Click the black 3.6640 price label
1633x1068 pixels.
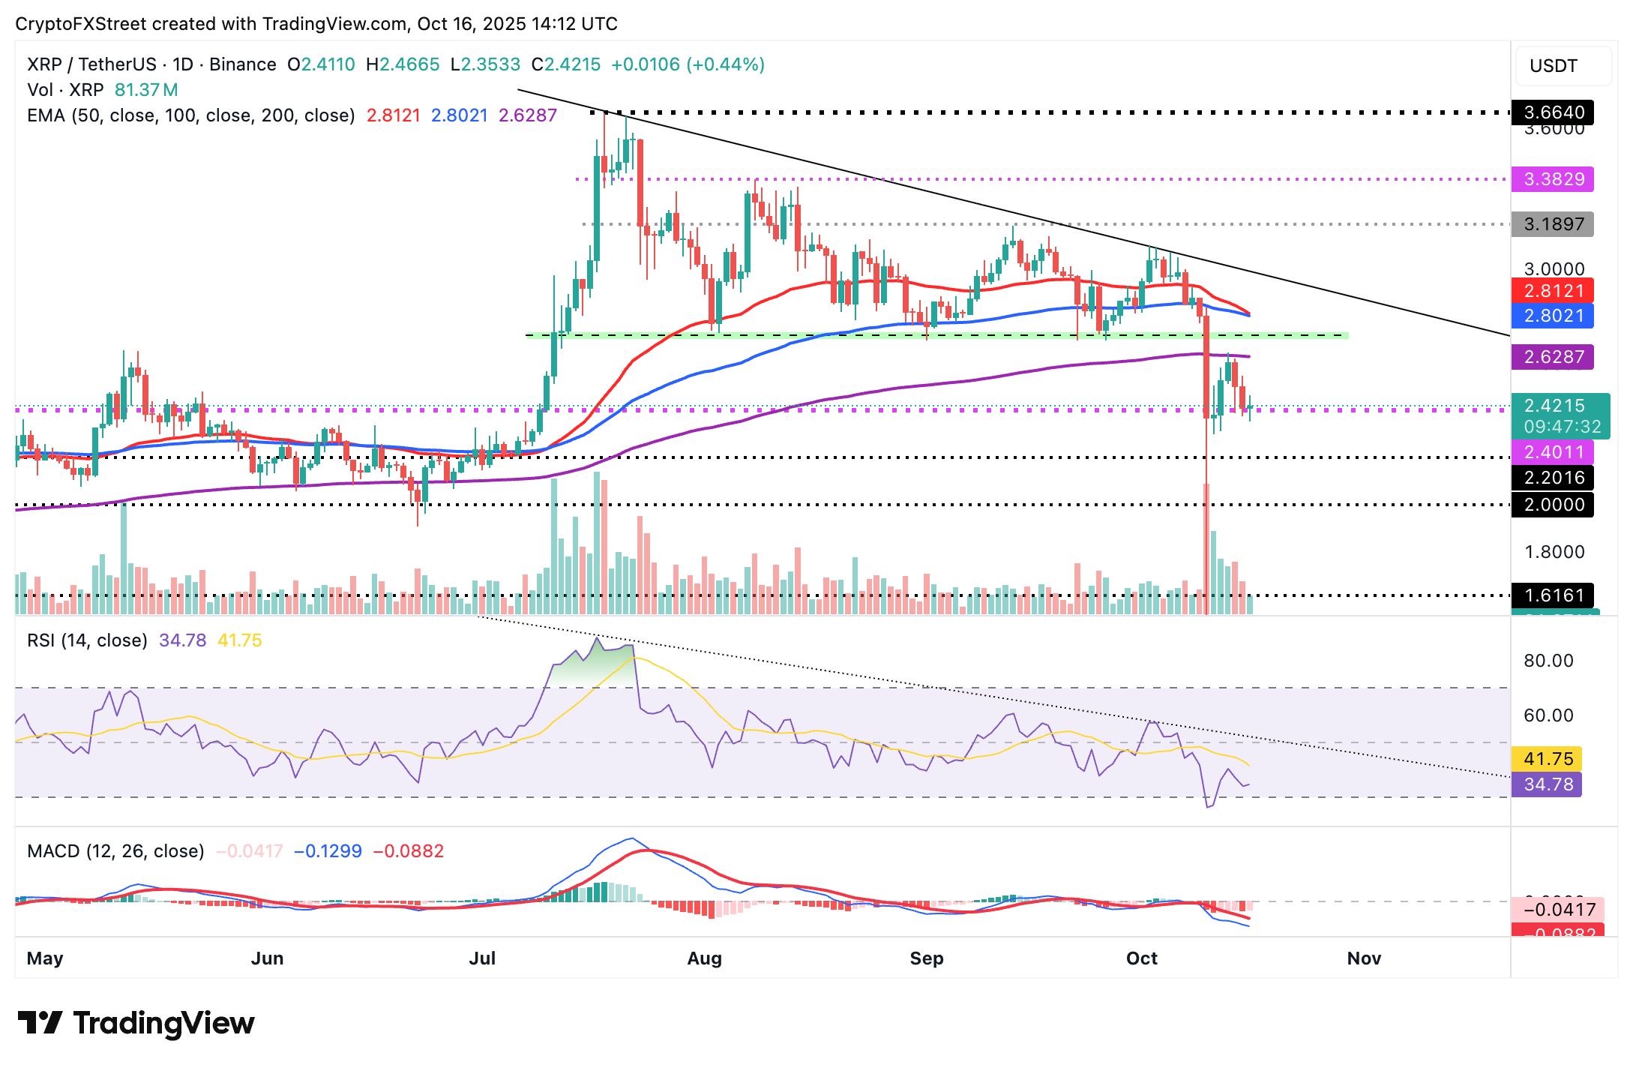[1553, 112]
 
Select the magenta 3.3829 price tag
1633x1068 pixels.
[1553, 179]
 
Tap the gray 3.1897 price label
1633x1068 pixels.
[1553, 224]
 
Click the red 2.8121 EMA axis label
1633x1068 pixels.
[1553, 291]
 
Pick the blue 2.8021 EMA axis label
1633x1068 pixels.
[1553, 316]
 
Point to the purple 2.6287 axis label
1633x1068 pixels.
[1553, 357]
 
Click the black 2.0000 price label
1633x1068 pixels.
[1553, 505]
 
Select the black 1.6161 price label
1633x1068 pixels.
[1553, 595]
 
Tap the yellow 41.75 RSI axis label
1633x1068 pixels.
[1548, 759]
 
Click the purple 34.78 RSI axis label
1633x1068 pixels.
[1548, 784]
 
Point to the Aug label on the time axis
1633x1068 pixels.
[704, 958]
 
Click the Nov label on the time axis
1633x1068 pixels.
[1364, 958]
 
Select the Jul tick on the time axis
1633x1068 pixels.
[482, 958]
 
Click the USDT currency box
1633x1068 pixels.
[1554, 66]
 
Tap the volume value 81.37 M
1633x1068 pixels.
[146, 90]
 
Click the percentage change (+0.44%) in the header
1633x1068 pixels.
[726, 64]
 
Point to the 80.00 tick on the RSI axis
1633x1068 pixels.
[1548, 661]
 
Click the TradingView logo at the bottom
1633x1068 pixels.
[136, 1023]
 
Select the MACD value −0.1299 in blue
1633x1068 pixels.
[328, 851]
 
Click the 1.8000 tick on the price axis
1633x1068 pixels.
[1554, 552]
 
